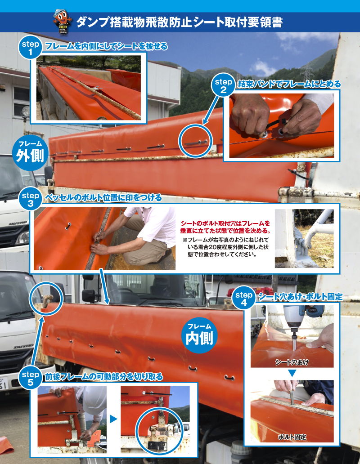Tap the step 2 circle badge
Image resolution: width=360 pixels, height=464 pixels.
coord(223,85)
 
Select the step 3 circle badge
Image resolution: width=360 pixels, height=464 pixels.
coord(30,199)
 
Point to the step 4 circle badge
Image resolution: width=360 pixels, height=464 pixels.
coord(243,299)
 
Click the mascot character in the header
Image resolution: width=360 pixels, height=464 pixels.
coord(63,22)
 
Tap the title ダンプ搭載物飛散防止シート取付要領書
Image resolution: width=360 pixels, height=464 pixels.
coord(180,22)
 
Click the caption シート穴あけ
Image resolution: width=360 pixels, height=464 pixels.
coord(292,362)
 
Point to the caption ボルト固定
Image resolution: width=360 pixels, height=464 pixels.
coord(292,437)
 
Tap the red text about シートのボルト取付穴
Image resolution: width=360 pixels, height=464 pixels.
coord(225,227)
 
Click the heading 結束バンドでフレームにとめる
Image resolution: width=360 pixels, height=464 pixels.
coord(289,85)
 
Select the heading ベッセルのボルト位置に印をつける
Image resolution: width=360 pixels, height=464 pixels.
coord(103,198)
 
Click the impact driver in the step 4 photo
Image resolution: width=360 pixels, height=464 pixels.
coord(299,322)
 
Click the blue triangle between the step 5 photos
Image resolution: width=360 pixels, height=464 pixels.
coord(113,419)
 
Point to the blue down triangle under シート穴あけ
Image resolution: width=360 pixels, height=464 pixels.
coord(292,374)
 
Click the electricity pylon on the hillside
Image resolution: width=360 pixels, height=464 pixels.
coord(307,71)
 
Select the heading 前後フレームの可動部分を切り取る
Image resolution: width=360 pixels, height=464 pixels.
coord(103,377)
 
